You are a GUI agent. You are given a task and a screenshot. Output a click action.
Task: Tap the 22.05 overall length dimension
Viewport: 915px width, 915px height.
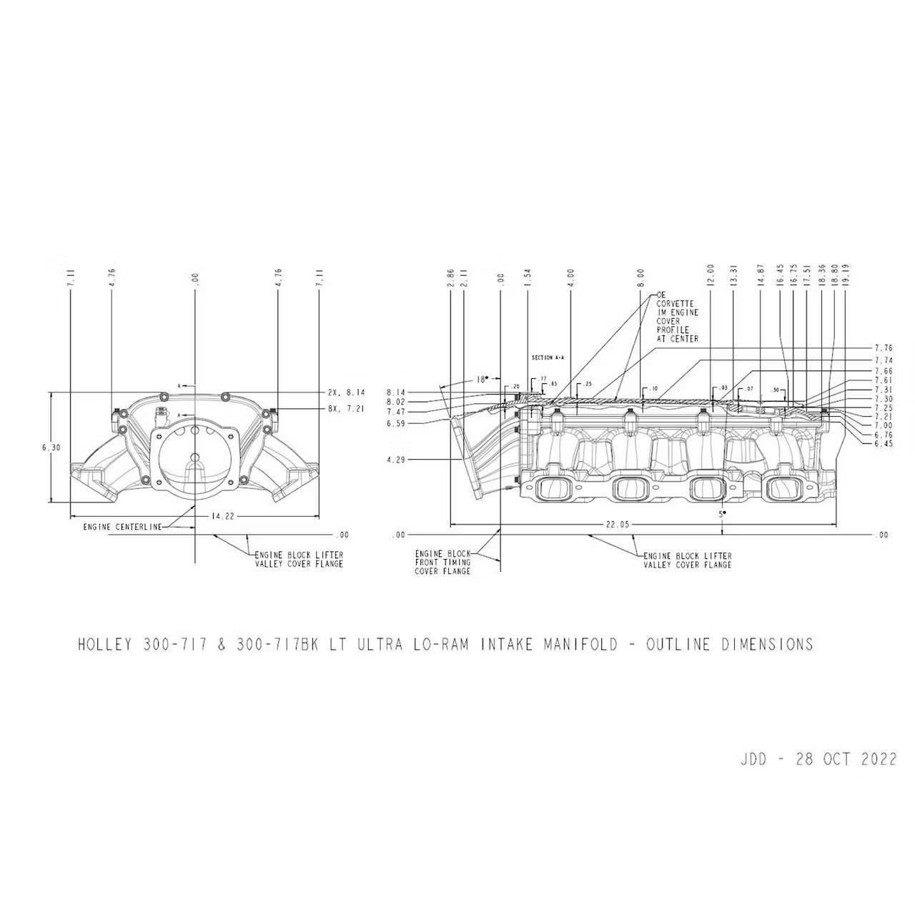point(618,525)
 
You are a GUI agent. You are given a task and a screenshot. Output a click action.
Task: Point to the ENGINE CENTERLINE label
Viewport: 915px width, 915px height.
point(122,528)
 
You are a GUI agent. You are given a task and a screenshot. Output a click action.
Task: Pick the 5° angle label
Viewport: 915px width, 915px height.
point(723,513)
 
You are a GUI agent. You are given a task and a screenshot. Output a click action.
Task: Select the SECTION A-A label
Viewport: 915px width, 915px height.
point(548,357)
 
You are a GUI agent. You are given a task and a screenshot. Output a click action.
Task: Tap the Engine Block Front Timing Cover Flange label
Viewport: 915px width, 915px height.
point(442,563)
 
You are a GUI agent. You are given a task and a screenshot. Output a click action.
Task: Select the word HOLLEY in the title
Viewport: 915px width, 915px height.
point(104,644)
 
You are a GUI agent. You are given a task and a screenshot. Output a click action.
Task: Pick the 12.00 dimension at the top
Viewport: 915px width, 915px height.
point(711,275)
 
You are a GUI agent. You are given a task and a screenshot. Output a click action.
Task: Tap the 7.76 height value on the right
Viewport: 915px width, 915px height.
point(884,349)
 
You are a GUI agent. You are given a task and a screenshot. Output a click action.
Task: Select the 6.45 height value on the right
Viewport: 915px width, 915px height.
point(884,443)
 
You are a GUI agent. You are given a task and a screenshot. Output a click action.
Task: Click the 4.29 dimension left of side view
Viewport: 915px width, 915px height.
point(396,460)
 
